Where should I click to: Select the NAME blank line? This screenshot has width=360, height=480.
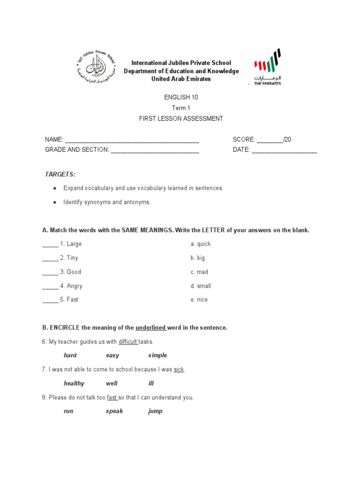click(132, 140)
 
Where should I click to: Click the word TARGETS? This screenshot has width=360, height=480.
click(60, 174)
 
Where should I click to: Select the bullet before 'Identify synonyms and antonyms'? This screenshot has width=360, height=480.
click(55, 202)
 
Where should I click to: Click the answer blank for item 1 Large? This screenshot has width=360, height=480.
click(50, 244)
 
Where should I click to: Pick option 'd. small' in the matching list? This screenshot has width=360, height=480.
click(201, 286)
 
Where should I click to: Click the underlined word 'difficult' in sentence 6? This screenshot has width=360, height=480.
click(127, 342)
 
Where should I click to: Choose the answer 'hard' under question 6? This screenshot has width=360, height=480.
click(70, 355)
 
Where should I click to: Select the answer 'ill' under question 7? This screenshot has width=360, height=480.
click(151, 383)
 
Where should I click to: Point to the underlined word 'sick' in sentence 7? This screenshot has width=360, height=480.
click(179, 369)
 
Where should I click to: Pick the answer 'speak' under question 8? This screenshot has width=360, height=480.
click(114, 411)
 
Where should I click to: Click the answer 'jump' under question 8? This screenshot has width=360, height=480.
click(155, 411)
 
